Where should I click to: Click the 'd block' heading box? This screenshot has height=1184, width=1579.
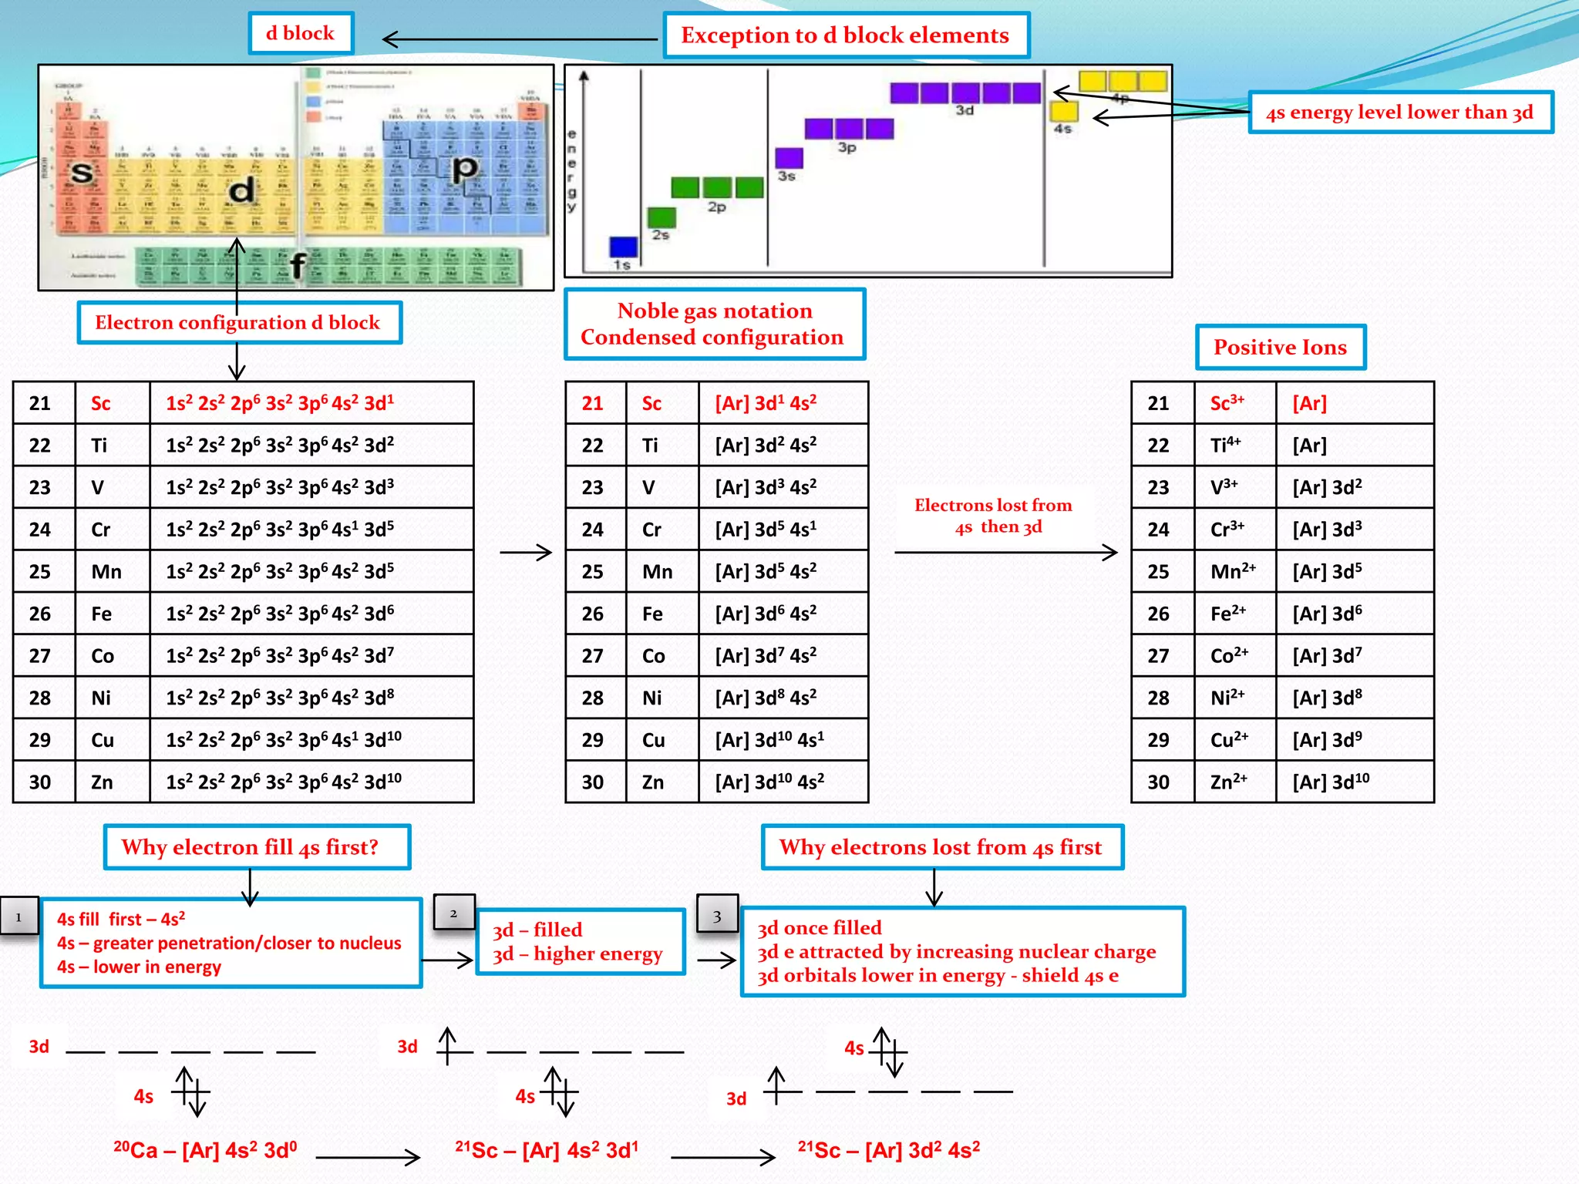point(301,33)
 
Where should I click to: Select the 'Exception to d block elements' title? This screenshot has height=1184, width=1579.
point(846,35)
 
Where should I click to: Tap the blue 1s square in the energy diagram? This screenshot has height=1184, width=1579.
point(623,247)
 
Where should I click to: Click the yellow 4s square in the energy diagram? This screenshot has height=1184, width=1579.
point(1064,111)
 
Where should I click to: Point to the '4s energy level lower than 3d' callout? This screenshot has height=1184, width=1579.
point(1399,113)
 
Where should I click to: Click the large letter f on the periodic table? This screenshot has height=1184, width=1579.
point(298,265)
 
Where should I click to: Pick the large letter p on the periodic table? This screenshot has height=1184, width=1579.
point(464,168)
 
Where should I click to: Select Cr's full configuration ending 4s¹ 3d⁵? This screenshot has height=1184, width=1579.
point(280,530)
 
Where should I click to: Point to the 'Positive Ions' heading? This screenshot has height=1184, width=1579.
point(1280,347)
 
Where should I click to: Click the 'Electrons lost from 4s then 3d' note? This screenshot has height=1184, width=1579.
point(994,516)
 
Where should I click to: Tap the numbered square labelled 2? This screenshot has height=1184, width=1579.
point(453,913)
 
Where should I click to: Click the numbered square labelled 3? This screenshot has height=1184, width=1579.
point(717,916)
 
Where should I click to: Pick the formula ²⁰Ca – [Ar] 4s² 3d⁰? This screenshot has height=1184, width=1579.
point(205,1150)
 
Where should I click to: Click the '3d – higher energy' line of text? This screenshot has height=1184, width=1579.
point(577,954)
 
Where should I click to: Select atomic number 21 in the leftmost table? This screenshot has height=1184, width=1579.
point(40,403)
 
